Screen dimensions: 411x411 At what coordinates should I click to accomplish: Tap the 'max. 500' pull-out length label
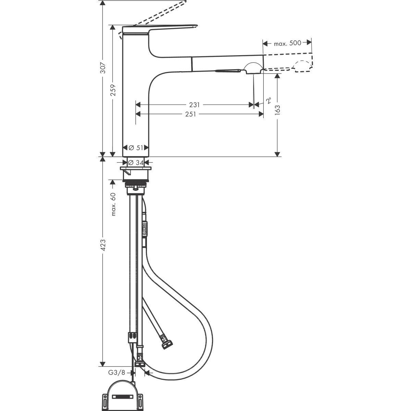[x=287, y=43]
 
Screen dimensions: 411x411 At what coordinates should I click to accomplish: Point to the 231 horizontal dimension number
[x=194, y=104]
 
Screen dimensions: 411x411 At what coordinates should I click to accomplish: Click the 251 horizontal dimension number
[x=190, y=114]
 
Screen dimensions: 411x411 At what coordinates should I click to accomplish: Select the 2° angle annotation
[x=269, y=101]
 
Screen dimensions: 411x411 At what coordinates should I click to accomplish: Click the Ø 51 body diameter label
[x=136, y=148]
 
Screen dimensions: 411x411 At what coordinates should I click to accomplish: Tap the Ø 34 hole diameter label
[x=136, y=163]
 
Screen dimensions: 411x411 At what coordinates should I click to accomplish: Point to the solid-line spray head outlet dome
[x=252, y=67]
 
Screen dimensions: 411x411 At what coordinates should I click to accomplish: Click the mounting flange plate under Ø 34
[x=136, y=169]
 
